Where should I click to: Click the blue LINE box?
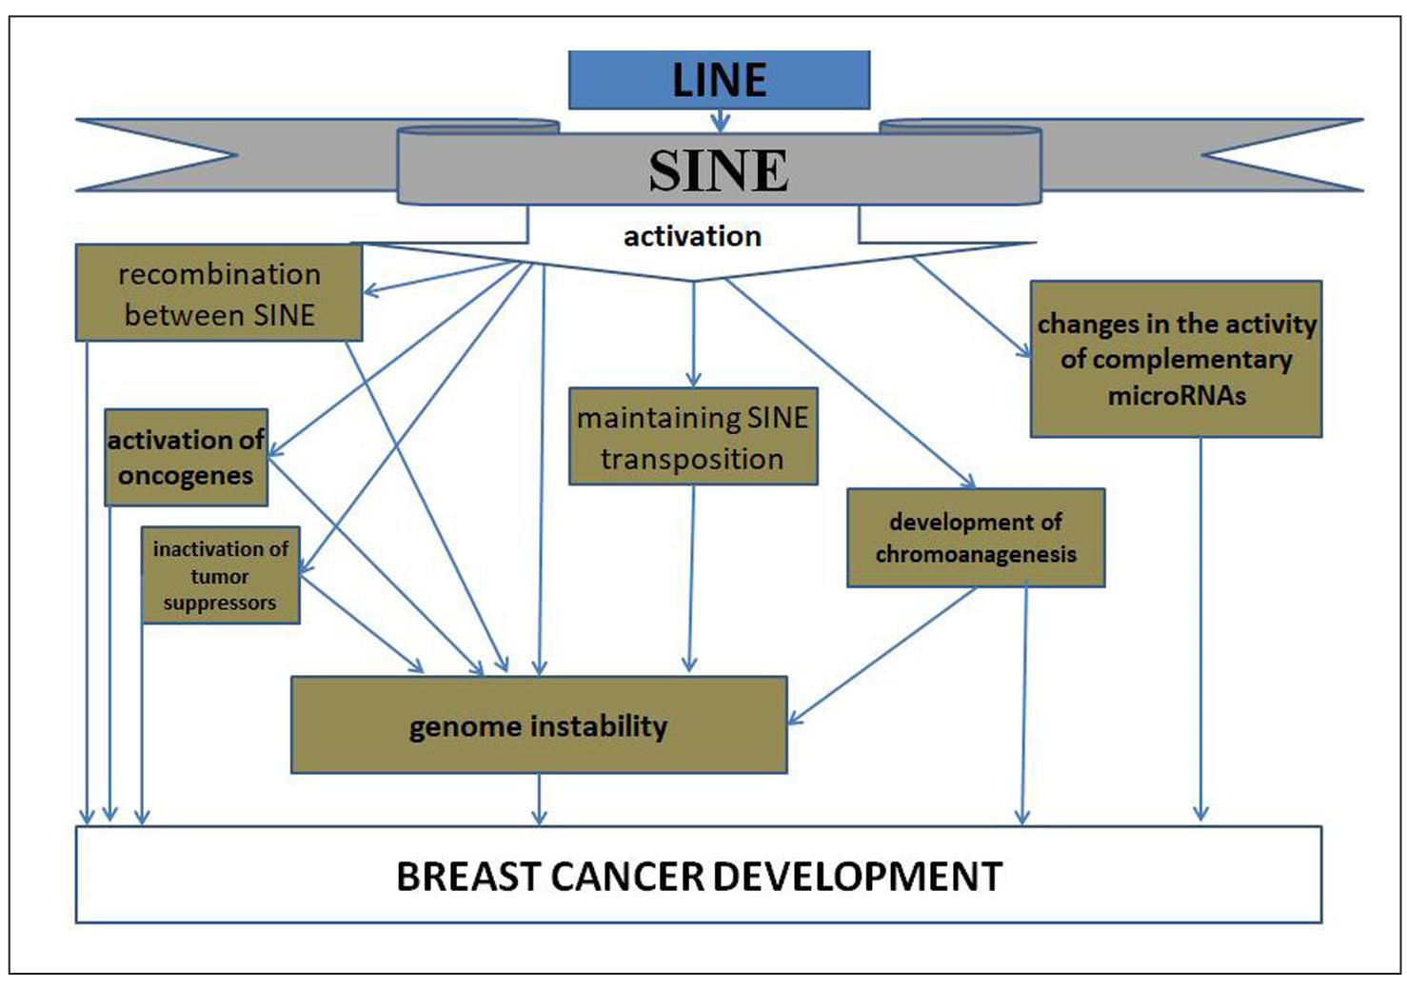(719, 80)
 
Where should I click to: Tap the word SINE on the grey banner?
(719, 171)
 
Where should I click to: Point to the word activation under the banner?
(692, 236)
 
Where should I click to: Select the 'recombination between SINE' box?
(219, 293)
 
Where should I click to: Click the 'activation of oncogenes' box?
(186, 458)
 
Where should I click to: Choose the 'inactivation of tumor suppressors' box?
(220, 576)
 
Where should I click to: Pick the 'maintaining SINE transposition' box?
(692, 437)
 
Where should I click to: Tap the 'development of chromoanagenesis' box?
(976, 538)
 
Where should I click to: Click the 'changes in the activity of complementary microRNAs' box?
(1176, 359)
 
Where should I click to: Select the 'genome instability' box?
(539, 726)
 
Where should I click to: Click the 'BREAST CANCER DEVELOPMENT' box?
(699, 876)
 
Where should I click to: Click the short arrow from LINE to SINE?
(721, 120)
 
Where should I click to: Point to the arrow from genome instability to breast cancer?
(540, 800)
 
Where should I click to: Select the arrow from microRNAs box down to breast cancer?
(1200, 628)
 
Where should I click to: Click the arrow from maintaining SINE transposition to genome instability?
(691, 581)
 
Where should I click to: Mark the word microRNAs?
(1177, 395)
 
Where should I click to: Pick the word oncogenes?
(186, 475)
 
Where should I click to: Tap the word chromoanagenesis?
(976, 554)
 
